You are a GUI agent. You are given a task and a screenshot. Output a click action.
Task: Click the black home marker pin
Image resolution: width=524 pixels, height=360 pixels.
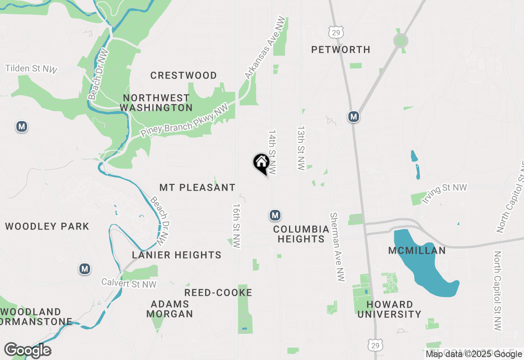pyautogui.click(x=261, y=163)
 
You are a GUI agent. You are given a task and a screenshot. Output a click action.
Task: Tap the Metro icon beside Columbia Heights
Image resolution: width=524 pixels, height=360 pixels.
pyautogui.click(x=275, y=215)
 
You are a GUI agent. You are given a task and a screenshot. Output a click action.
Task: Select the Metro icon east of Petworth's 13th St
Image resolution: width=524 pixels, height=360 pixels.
pyautogui.click(x=354, y=117)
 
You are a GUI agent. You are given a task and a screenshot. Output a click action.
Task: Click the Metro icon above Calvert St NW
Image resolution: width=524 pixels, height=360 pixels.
pyautogui.click(x=85, y=269)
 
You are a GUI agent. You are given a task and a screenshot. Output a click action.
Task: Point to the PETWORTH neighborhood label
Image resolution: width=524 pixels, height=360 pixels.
pyautogui.click(x=341, y=49)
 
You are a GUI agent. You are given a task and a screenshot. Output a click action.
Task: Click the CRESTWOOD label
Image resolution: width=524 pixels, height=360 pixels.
pyautogui.click(x=183, y=75)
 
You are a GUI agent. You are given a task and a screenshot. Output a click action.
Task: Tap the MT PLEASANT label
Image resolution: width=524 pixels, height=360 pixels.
pyautogui.click(x=197, y=187)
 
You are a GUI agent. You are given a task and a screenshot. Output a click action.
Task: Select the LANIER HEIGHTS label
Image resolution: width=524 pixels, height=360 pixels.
pyautogui.click(x=176, y=255)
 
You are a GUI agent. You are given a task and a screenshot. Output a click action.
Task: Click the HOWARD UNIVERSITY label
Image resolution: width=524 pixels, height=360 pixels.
pyautogui.click(x=394, y=309)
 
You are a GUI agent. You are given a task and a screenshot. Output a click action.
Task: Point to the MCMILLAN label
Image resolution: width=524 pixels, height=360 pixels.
pyautogui.click(x=417, y=250)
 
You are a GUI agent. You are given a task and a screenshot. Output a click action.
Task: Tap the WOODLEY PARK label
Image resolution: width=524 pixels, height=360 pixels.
pyautogui.click(x=47, y=226)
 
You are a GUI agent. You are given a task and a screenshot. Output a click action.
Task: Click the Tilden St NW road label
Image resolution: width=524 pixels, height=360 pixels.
pyautogui.click(x=31, y=69)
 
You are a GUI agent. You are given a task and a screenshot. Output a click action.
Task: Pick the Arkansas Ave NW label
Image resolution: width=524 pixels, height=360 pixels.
pyautogui.click(x=264, y=47)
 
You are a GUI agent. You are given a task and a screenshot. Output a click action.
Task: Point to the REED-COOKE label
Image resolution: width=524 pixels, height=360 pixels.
pyautogui.click(x=218, y=292)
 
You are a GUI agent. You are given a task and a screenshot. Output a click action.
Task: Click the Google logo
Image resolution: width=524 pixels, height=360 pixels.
pyautogui.click(x=27, y=350)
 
